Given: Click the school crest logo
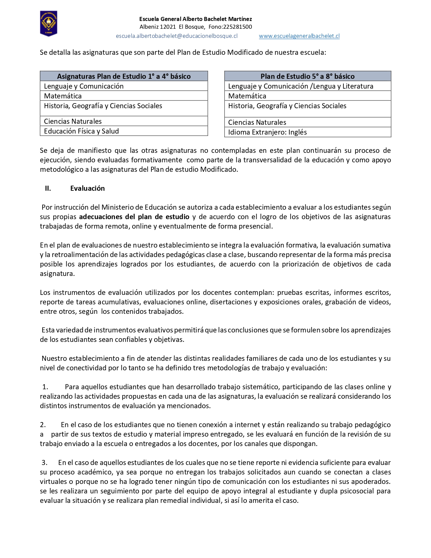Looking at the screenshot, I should [x=49, y=23].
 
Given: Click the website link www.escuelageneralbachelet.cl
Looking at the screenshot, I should [x=299, y=36].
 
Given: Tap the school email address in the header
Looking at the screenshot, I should [x=176, y=36].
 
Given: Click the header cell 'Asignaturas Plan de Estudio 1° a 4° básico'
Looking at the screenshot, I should [x=124, y=76].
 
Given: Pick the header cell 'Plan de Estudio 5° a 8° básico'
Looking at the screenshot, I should [x=307, y=76].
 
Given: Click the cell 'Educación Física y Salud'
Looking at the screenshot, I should [x=81, y=131].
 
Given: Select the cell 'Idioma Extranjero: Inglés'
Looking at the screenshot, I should [x=267, y=132].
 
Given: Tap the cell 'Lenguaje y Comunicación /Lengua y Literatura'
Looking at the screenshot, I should [x=301, y=86].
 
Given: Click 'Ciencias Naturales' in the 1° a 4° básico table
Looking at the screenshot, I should [x=73, y=121].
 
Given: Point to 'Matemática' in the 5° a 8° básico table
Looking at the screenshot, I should [x=247, y=96].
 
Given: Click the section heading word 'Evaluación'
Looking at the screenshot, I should [x=88, y=188].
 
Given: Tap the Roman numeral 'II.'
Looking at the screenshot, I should [x=48, y=188].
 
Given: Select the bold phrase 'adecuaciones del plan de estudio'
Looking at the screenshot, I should [x=134, y=217].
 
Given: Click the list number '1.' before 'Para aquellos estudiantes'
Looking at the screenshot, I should [x=45, y=387].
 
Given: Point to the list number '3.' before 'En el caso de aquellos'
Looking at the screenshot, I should [x=45, y=463].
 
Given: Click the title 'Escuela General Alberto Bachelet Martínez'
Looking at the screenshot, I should [x=195, y=19].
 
